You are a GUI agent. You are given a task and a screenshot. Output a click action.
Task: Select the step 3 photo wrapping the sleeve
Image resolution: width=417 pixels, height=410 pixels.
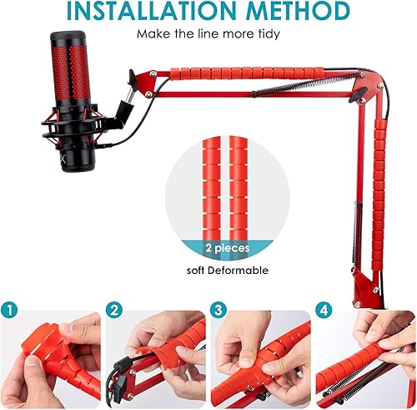coord(259,359)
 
